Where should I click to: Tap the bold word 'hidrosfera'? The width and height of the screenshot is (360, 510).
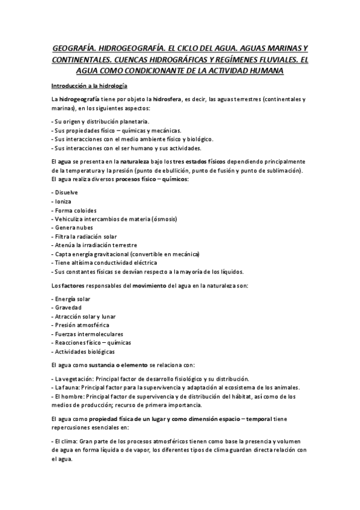click(x=171, y=99)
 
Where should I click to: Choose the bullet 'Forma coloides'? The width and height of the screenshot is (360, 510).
click(x=75, y=210)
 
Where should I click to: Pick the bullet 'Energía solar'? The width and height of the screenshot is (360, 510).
click(x=72, y=298)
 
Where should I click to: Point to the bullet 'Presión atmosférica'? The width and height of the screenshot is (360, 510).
click(x=81, y=325)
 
